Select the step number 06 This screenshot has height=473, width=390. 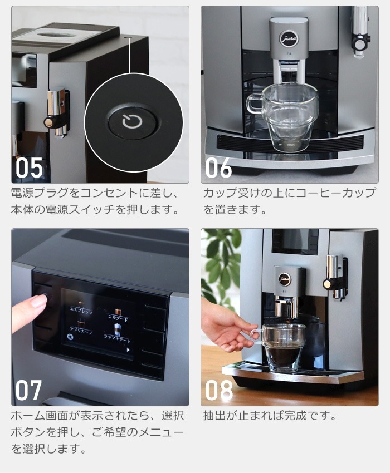[x=218, y=167]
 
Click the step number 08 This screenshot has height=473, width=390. [x=219, y=390]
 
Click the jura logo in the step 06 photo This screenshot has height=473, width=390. [x=289, y=37]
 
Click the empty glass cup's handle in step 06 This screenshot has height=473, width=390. [x=254, y=104]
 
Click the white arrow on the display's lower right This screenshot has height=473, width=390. [x=128, y=350]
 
